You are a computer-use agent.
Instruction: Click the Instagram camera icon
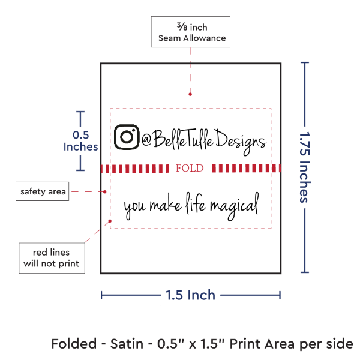tap(127, 137)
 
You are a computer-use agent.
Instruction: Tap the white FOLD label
tap(190, 169)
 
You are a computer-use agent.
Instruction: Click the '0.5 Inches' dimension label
tap(80, 140)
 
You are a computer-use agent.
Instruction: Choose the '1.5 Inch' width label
tap(191, 295)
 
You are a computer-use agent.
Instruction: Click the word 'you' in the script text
tap(134, 207)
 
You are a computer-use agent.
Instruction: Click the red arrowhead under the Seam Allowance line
tap(190, 94)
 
